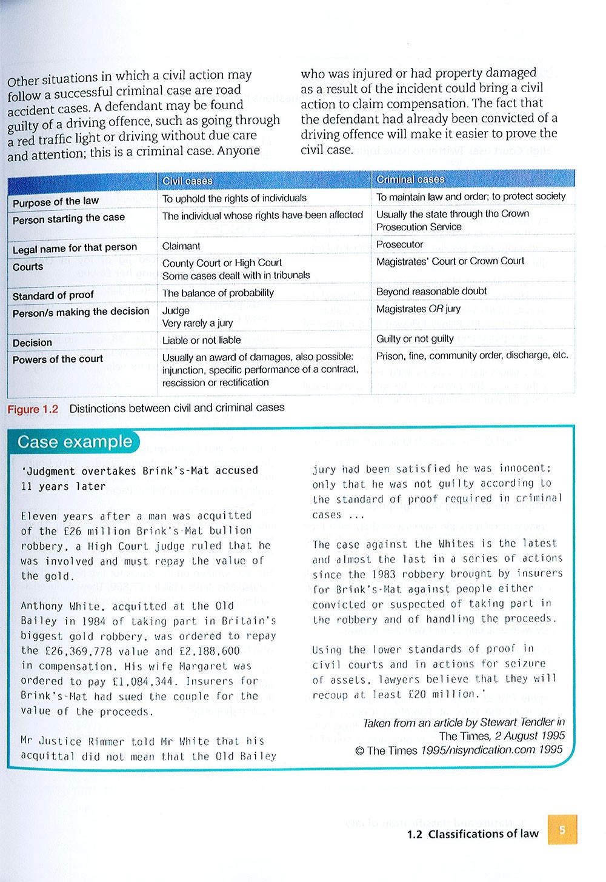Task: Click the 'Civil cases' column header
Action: (x=187, y=181)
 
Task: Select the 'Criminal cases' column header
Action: (x=410, y=179)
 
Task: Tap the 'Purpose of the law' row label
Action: (x=56, y=201)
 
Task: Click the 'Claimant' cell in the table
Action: (x=181, y=246)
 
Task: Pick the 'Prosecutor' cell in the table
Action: (x=399, y=244)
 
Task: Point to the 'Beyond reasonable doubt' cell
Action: (x=431, y=291)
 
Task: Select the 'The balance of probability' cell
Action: (x=218, y=293)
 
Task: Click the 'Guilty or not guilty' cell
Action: (x=415, y=339)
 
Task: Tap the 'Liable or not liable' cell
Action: (x=201, y=340)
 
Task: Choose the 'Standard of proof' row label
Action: (x=53, y=295)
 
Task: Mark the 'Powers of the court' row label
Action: (x=58, y=359)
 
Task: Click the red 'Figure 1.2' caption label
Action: (x=33, y=409)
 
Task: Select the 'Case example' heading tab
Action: (x=75, y=442)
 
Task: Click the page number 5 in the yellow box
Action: (x=562, y=829)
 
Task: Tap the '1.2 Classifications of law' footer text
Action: (x=473, y=834)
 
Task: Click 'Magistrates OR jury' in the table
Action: (x=418, y=309)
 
